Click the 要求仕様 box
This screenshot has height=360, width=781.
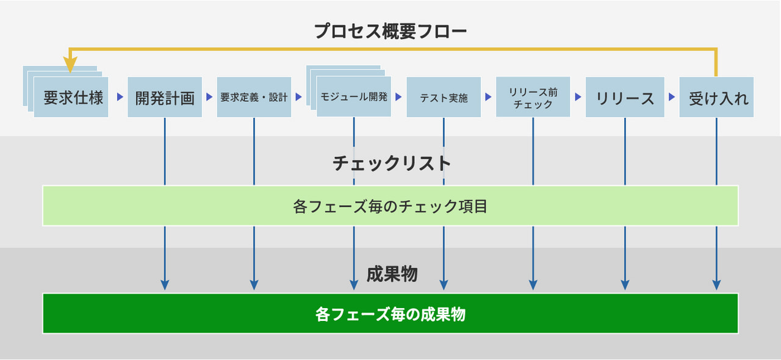(71, 97)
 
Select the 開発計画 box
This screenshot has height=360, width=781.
(165, 97)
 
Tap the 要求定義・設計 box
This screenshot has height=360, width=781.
(254, 97)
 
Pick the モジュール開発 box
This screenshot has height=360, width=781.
(354, 96)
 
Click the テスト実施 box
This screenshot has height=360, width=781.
(444, 97)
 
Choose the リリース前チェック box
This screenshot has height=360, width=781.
(533, 97)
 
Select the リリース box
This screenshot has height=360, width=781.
(625, 97)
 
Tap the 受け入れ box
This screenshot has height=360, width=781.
(716, 97)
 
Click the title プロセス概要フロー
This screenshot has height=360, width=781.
(390, 31)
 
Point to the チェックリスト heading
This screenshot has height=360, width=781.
(392, 164)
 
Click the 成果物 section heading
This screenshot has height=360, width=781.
(392, 274)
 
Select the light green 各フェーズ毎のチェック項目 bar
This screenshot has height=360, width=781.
(390, 206)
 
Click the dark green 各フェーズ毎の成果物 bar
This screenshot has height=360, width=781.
(390, 314)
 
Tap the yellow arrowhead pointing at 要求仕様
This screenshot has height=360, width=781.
(70, 65)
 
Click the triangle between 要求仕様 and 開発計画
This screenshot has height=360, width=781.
(120, 96)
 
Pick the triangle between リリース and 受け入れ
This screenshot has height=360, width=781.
(672, 96)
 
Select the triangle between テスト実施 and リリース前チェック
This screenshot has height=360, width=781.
(488, 96)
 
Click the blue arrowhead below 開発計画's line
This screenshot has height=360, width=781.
(165, 285)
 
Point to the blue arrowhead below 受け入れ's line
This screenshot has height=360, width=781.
(716, 285)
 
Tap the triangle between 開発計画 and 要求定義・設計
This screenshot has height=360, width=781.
(209, 96)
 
